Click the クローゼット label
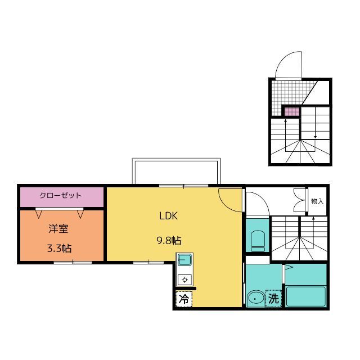point(61,196)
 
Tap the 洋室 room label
point(58,229)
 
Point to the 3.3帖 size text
point(58,247)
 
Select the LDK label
point(168,216)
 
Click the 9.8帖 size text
point(168,240)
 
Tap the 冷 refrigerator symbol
point(183,299)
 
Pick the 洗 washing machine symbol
point(273,299)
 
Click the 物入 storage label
point(317,201)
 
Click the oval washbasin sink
point(257,298)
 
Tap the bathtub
point(306,295)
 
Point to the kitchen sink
point(184,260)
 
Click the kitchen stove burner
point(184,280)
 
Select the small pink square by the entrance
point(290,111)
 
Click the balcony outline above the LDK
point(175,172)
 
